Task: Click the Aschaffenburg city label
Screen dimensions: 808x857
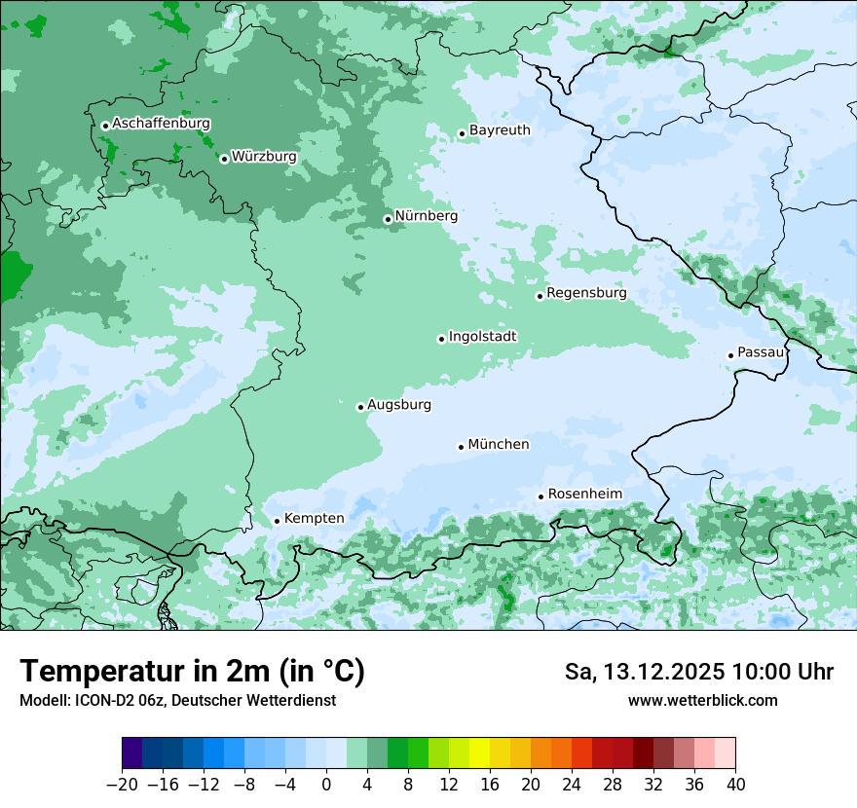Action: pos(161,124)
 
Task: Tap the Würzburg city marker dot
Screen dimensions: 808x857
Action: pos(224,159)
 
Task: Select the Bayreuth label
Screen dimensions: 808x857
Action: pos(500,130)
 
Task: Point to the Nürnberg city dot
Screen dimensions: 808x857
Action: pos(388,219)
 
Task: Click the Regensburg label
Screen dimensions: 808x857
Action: pos(586,293)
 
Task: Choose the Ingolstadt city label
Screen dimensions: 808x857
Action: pos(482,337)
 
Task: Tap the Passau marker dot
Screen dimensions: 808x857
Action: pos(730,355)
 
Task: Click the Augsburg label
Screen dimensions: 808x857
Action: pos(399,405)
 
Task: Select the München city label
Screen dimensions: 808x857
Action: pos(499,445)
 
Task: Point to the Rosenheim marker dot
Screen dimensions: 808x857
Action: pos(540,496)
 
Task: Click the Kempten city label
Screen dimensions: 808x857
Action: pos(314,519)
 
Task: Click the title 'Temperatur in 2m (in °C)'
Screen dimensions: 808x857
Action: pos(192,672)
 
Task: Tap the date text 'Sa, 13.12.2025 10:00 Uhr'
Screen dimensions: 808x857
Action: pos(698,672)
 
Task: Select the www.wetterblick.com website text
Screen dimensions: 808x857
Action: pos(702,700)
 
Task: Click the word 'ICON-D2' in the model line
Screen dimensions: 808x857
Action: pos(100,700)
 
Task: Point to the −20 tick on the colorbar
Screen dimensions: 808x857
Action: pos(122,785)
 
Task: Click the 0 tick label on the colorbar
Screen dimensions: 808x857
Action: pos(326,785)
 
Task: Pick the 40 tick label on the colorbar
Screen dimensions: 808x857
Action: pos(735,785)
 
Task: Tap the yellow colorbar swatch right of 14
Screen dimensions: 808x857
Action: pos(479,753)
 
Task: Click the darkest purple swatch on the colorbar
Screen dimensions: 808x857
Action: pos(131,753)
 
